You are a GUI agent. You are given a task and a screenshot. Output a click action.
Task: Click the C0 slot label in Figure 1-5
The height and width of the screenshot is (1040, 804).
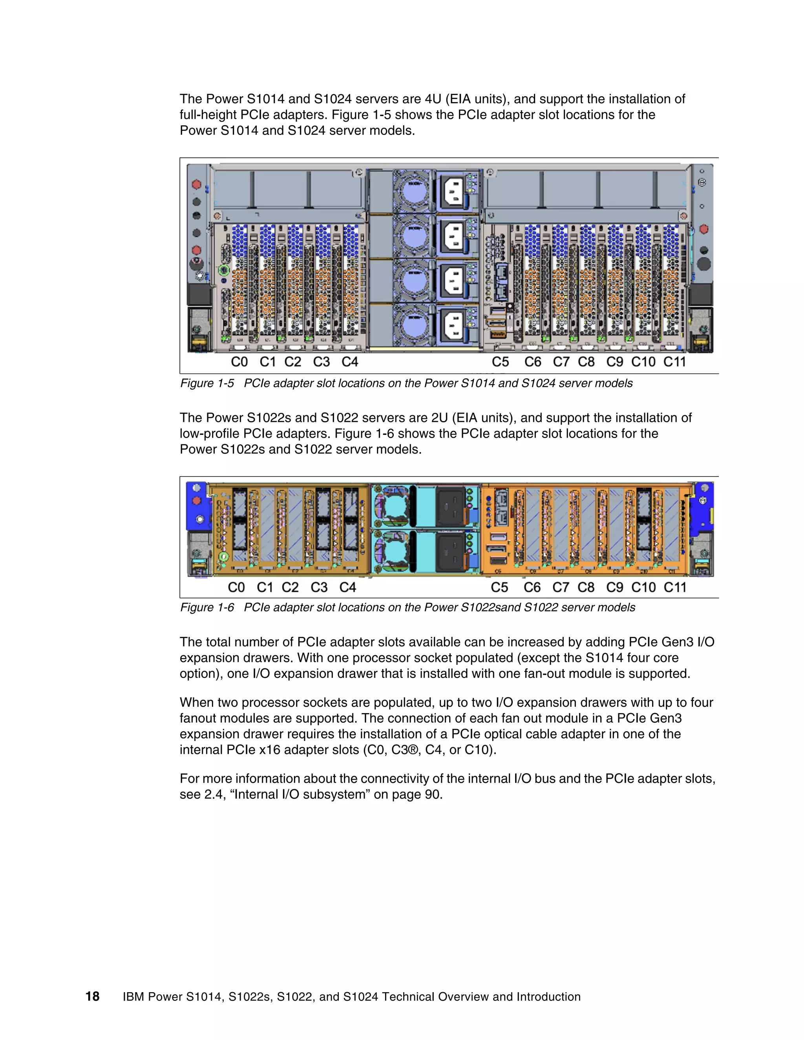239,362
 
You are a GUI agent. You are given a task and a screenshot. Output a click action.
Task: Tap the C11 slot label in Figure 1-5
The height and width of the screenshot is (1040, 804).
674,362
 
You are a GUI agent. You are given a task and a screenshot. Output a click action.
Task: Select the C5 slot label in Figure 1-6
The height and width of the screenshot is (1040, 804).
499,587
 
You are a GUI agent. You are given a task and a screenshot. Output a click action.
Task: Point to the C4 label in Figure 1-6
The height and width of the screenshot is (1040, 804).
348,587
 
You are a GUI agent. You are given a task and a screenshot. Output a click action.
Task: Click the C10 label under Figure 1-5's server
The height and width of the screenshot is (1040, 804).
643,362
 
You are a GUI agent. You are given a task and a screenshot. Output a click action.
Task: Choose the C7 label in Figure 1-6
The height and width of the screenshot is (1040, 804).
561,587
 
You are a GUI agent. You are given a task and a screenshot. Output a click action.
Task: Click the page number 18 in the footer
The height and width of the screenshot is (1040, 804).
92,996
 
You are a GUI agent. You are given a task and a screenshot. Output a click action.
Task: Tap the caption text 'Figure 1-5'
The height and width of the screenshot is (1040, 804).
207,383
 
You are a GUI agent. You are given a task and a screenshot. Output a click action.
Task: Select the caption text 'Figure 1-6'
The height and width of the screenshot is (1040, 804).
207,608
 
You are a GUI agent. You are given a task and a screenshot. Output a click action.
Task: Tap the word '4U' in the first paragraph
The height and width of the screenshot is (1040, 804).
433,99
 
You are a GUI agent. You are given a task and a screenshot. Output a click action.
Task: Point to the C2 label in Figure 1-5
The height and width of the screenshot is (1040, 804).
292,362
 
